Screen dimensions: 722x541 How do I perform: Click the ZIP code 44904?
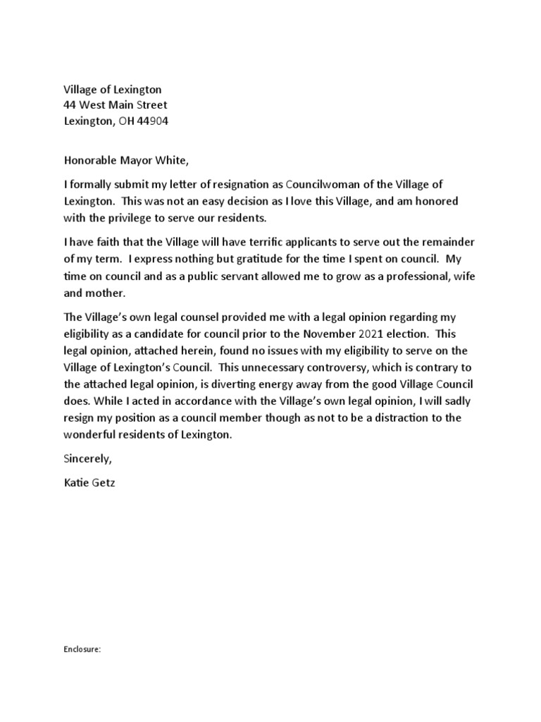[x=152, y=121]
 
